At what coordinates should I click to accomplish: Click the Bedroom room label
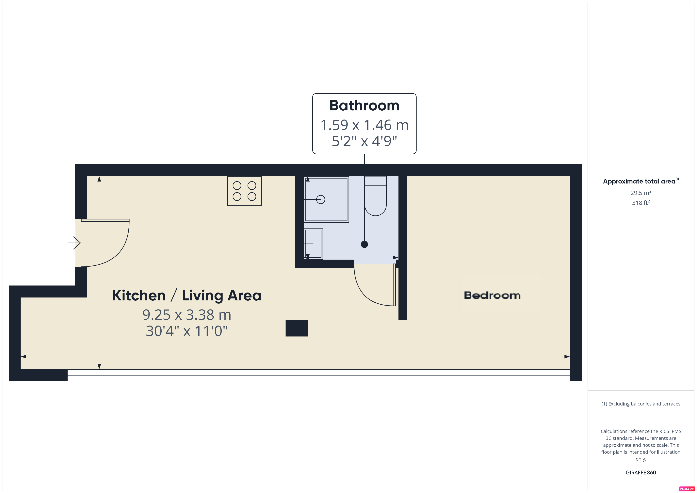(x=492, y=295)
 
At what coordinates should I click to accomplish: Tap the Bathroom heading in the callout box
(x=364, y=106)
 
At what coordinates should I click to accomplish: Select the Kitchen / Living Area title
(x=187, y=295)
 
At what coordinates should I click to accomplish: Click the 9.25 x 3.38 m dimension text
(x=187, y=315)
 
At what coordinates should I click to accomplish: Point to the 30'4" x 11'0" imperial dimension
(x=187, y=331)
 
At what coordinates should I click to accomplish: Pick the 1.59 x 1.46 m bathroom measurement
(x=364, y=125)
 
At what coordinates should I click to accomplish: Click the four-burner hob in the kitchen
(x=244, y=191)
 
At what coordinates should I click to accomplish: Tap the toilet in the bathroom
(x=376, y=196)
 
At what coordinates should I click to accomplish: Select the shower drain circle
(x=321, y=199)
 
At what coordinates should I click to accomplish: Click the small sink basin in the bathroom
(x=313, y=244)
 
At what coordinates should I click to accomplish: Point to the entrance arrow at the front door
(x=74, y=243)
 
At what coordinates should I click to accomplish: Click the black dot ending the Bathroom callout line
(x=364, y=244)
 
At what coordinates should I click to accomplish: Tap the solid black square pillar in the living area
(x=297, y=328)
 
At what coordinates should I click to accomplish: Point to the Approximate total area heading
(x=640, y=181)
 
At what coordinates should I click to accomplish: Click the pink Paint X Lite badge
(x=687, y=489)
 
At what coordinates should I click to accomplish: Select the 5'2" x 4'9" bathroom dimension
(x=364, y=141)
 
